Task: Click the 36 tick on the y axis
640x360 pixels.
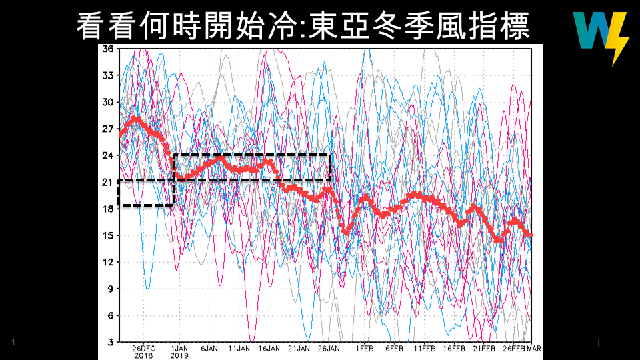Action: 107,49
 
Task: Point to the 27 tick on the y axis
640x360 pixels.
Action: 107,129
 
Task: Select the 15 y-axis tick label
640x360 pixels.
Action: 107,235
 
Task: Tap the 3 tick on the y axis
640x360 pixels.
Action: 109,342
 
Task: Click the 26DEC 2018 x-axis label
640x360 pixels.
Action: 143,352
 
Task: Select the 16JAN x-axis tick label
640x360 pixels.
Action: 269,349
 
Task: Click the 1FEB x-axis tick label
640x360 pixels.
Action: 364,349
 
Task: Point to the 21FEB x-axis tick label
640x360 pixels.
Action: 483,349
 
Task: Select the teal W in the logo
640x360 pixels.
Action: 590,31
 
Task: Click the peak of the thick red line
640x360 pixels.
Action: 137,119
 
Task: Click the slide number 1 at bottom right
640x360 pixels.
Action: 598,344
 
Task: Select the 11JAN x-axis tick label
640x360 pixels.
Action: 239,349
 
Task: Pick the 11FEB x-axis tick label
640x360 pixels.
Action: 424,349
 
